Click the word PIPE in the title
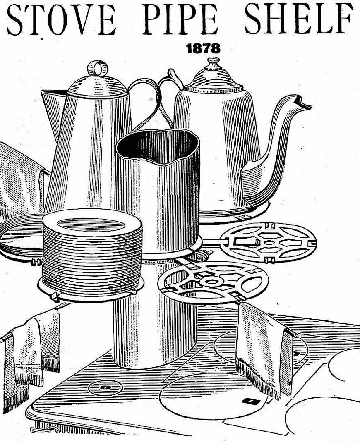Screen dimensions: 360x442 [180, 19]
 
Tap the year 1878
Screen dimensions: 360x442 [203, 48]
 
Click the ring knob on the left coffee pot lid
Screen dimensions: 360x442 [98, 68]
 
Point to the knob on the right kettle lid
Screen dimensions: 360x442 [214, 64]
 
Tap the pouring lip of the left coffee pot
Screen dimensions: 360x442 [52, 97]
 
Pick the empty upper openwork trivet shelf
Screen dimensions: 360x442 [268, 243]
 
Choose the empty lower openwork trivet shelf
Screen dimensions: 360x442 [213, 283]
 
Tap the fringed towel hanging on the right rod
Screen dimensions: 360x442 [264, 349]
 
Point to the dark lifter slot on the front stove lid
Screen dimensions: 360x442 [250, 401]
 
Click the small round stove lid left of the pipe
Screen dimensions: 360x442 [105, 388]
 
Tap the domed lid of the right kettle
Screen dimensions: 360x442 [214, 79]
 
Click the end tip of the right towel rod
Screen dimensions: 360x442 [297, 335]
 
